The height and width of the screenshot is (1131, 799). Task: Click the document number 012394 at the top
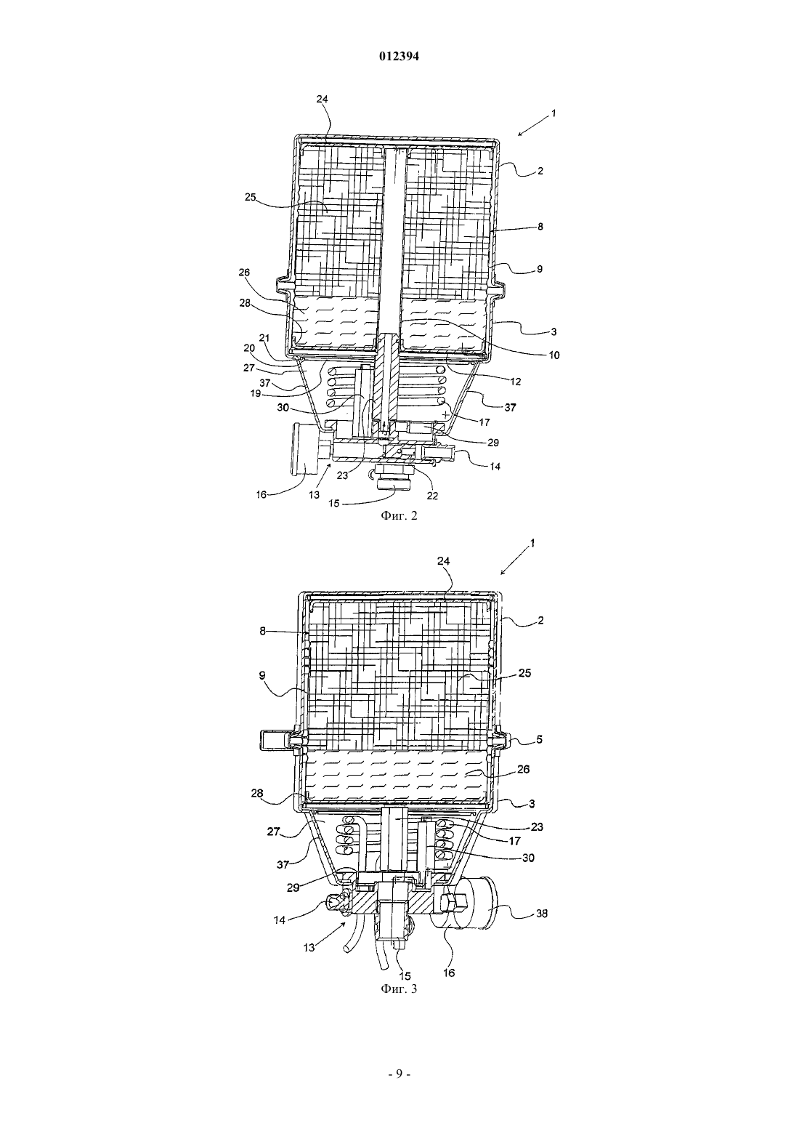[399, 57]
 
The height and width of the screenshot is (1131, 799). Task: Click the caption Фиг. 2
[399, 515]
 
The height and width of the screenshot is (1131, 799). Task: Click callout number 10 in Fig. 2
[553, 355]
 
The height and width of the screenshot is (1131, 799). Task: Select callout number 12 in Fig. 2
[516, 382]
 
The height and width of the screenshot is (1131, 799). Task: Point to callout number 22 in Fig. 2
[432, 496]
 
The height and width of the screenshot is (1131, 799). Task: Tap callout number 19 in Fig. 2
[256, 393]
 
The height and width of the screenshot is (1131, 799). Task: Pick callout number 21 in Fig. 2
[264, 337]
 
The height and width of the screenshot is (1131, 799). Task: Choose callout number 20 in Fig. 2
[249, 348]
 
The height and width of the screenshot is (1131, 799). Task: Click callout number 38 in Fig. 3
[540, 914]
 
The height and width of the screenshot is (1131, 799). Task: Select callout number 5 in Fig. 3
[539, 739]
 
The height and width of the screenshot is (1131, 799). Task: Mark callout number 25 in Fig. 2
[251, 198]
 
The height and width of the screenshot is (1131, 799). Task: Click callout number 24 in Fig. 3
[445, 561]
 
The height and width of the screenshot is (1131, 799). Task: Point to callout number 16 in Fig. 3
[449, 973]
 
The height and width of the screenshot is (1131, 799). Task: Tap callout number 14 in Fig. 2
[495, 467]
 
